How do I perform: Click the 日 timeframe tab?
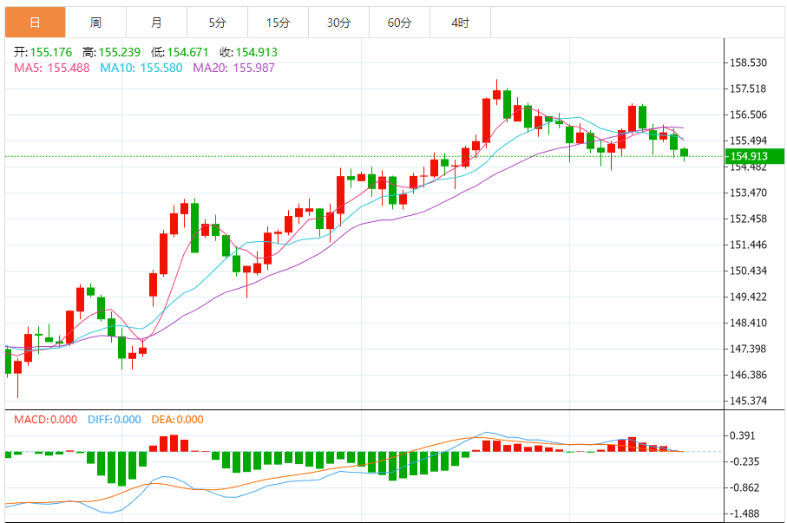click(35, 23)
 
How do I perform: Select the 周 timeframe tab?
click(95, 23)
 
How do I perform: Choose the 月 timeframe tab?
click(156, 23)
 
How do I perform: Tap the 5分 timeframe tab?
click(217, 23)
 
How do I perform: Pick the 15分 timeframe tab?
click(278, 23)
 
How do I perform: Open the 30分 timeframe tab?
click(338, 23)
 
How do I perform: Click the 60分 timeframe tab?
click(399, 23)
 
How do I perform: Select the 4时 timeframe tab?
click(460, 23)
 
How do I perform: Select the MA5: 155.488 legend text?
click(51, 68)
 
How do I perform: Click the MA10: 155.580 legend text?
click(141, 68)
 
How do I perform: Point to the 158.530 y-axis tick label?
click(749, 62)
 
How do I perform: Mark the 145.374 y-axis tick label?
click(749, 401)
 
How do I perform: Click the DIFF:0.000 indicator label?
click(114, 420)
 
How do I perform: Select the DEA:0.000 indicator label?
click(177, 420)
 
